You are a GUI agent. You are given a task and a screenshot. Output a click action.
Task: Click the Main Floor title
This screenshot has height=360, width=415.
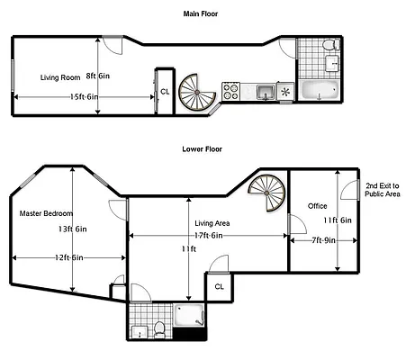pos(205,14)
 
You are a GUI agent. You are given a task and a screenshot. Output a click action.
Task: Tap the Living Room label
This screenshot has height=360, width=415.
pos(61,77)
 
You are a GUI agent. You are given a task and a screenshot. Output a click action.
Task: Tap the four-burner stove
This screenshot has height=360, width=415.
pos(231,91)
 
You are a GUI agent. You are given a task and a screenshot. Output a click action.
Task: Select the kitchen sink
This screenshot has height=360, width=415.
pos(264,91)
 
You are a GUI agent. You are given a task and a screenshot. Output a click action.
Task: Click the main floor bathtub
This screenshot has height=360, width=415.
pos(319,90)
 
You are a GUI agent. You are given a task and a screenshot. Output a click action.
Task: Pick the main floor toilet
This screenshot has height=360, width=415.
pos(329,45)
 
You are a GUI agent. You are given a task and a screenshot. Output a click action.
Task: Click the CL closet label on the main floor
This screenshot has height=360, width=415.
pos(165,91)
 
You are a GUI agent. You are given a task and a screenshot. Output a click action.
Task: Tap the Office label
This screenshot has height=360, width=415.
pos(317,206)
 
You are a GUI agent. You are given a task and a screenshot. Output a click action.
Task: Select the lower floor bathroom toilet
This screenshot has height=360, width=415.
pos(158,328)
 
